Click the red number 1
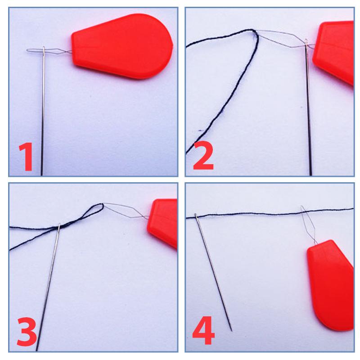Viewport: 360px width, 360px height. (26, 157)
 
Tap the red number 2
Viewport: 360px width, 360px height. (203, 155)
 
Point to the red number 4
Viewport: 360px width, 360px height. (203, 331)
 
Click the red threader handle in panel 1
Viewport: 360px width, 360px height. (122, 46)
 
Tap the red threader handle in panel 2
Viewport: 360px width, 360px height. (334, 52)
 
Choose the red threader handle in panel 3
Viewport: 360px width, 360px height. (162, 223)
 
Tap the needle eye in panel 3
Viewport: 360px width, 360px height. (59, 227)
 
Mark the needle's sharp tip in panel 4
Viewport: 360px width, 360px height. (232, 331)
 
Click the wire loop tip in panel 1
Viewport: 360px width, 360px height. (27, 50)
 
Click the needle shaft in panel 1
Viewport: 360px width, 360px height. (43, 115)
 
